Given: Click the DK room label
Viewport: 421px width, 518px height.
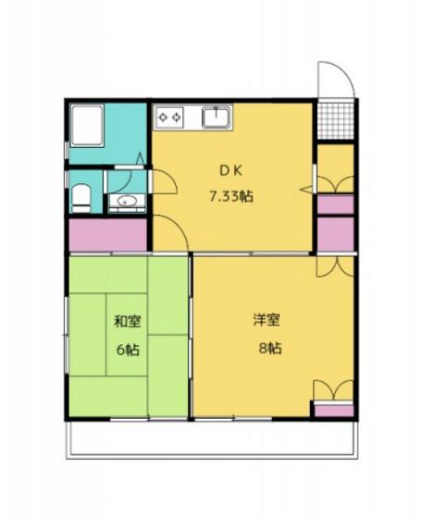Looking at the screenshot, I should (x=230, y=169).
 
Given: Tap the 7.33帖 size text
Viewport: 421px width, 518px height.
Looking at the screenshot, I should (x=230, y=196).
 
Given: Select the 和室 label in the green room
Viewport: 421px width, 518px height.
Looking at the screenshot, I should (x=127, y=323).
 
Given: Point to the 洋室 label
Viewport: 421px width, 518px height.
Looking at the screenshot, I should (x=267, y=321).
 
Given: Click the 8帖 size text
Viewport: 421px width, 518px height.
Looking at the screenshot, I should (x=269, y=349).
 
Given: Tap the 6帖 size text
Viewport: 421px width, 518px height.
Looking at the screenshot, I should (x=127, y=351).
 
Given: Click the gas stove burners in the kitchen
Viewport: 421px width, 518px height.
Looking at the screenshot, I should (x=170, y=117).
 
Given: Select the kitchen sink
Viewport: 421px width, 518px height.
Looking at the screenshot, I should (x=216, y=117).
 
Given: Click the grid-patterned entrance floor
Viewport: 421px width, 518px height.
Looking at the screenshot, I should (x=335, y=119).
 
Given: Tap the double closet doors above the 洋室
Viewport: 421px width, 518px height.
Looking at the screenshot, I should (x=333, y=265).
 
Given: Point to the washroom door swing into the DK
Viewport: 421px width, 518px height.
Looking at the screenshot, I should (x=164, y=180).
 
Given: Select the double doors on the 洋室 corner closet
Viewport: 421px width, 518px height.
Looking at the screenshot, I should (x=333, y=389).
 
